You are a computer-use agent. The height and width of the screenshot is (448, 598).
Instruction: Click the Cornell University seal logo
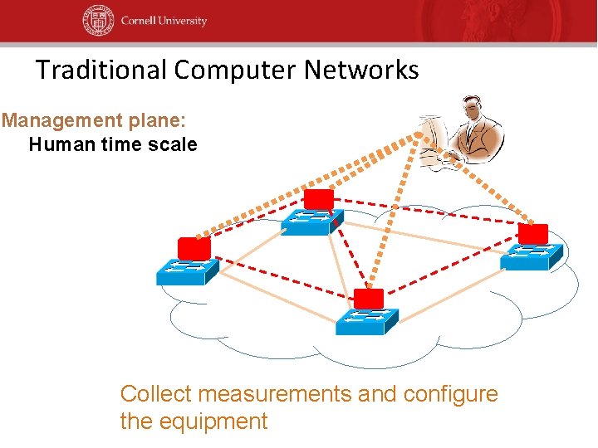(97, 21)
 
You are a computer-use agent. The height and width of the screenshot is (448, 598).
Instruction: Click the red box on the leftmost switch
(194, 247)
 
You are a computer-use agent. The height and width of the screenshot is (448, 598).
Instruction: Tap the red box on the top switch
(318, 199)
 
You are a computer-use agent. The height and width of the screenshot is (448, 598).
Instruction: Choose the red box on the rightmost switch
(532, 234)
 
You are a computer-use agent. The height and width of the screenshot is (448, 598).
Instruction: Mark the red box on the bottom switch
(369, 299)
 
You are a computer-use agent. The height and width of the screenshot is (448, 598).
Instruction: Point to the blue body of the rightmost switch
(532, 256)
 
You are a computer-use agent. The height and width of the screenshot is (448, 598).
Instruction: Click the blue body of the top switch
(312, 222)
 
